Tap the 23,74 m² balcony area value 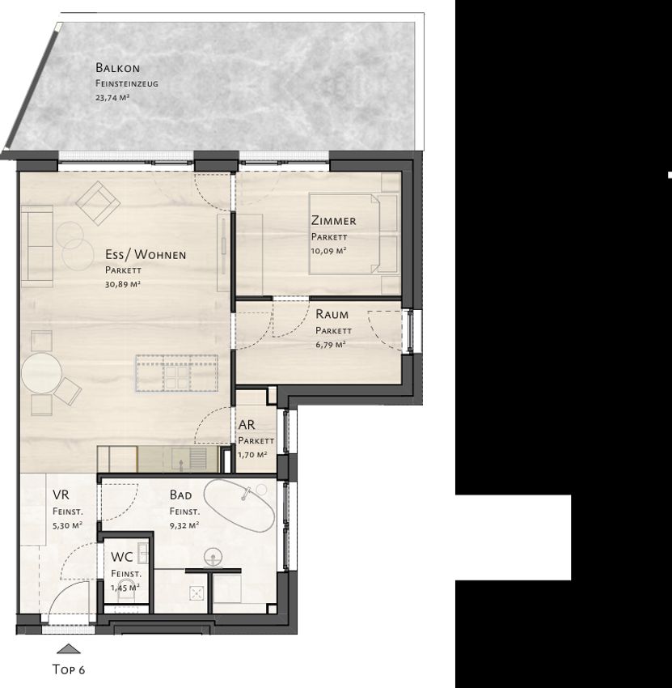pyautogui.click(x=112, y=98)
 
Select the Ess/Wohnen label pyautogui.click(x=146, y=254)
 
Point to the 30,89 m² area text pyautogui.click(x=123, y=284)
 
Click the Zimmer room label pyautogui.click(x=334, y=221)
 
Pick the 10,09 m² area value pyautogui.click(x=329, y=251)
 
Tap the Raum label pyautogui.click(x=332, y=314)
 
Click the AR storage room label pyautogui.click(x=247, y=425)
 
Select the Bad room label pyautogui.click(x=180, y=495)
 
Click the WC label pyautogui.click(x=122, y=557)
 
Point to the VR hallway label pyautogui.click(x=61, y=495)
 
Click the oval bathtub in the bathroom pyautogui.click(x=239, y=505)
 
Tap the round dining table pyautogui.click(x=41, y=373)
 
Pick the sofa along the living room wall pyautogui.click(x=37, y=246)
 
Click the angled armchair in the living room pyautogui.click(x=98, y=204)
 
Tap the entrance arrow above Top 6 pyautogui.click(x=69, y=649)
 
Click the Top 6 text pyautogui.click(x=69, y=669)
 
